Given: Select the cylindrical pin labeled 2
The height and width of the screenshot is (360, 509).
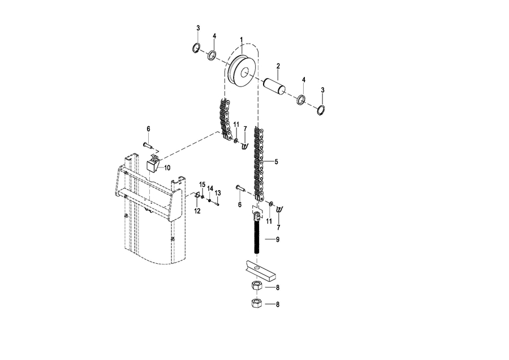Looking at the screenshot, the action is (274, 86).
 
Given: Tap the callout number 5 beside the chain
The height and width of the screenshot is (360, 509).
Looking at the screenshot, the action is (276, 161).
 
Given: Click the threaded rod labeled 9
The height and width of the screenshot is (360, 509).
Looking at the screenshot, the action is (257, 233).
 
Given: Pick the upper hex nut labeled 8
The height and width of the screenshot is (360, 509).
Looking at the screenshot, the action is (257, 286).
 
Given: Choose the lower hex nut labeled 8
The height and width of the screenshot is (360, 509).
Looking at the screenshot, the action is (257, 304).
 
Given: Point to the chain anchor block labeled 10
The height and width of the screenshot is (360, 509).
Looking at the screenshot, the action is (153, 164).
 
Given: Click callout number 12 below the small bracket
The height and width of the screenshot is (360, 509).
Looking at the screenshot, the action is (197, 211).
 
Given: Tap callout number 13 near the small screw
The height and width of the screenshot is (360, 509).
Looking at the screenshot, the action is (218, 193).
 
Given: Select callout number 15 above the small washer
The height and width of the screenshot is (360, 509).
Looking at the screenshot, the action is (202, 185).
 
